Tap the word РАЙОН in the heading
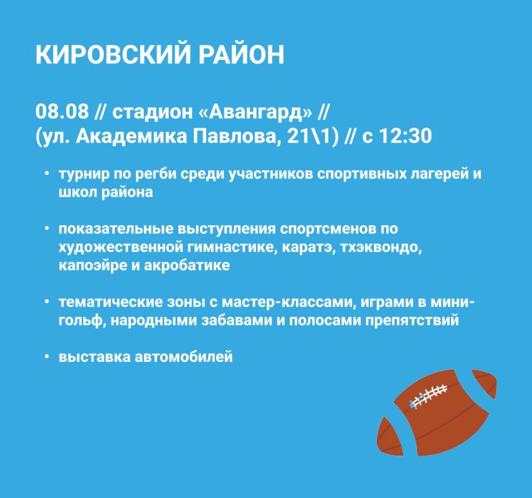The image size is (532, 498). tap(242, 54)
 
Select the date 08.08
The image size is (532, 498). tap(62, 111)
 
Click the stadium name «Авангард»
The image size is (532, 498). tap(255, 111)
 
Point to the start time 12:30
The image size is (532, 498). tap(405, 136)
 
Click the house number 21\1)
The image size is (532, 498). tap(313, 136)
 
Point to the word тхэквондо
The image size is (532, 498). tap(381, 248)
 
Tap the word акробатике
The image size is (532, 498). tap(187, 265)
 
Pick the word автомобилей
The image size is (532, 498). tap(184, 357)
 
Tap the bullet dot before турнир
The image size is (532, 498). tap(47, 174)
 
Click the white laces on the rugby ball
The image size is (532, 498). tap(429, 396)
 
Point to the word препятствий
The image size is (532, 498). tap(412, 321)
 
